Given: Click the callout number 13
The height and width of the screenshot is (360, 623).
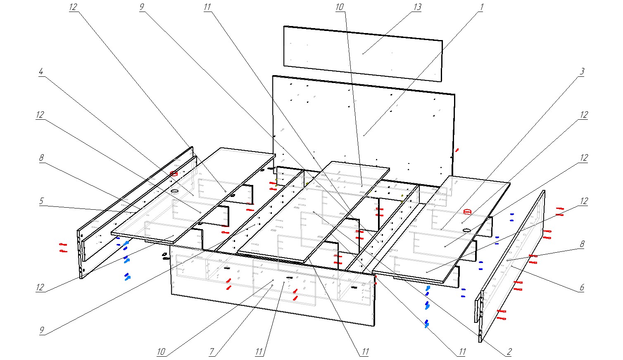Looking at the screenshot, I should pyautogui.click(x=417, y=7).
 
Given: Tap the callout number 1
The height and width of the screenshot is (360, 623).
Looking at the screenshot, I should pyautogui.click(x=480, y=7).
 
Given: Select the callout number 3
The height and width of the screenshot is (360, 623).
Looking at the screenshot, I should pyautogui.click(x=582, y=71).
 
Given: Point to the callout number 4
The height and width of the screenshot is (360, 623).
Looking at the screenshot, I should pyautogui.click(x=40, y=71).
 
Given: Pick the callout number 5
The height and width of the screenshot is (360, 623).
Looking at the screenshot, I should pyautogui.click(x=41, y=201).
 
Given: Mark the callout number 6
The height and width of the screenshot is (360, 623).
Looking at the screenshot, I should pyautogui.click(x=582, y=287).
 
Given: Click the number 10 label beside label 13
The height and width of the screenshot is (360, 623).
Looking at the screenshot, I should pyautogui.click(x=340, y=7).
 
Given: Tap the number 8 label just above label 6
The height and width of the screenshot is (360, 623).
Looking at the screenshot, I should pyautogui.click(x=582, y=244).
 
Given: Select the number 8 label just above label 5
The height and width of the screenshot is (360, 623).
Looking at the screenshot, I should pyautogui.click(x=41, y=158).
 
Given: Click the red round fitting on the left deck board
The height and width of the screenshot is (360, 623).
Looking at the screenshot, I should pyautogui.click(x=174, y=174).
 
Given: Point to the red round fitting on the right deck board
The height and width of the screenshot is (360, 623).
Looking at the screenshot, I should pyautogui.click(x=468, y=212).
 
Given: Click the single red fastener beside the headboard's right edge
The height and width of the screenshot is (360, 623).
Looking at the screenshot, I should pyautogui.click(x=457, y=150).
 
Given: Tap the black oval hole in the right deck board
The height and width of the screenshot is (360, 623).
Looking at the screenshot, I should pyautogui.click(x=467, y=230).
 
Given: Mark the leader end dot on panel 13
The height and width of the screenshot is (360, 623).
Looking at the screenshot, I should pyautogui.click(x=363, y=54).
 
